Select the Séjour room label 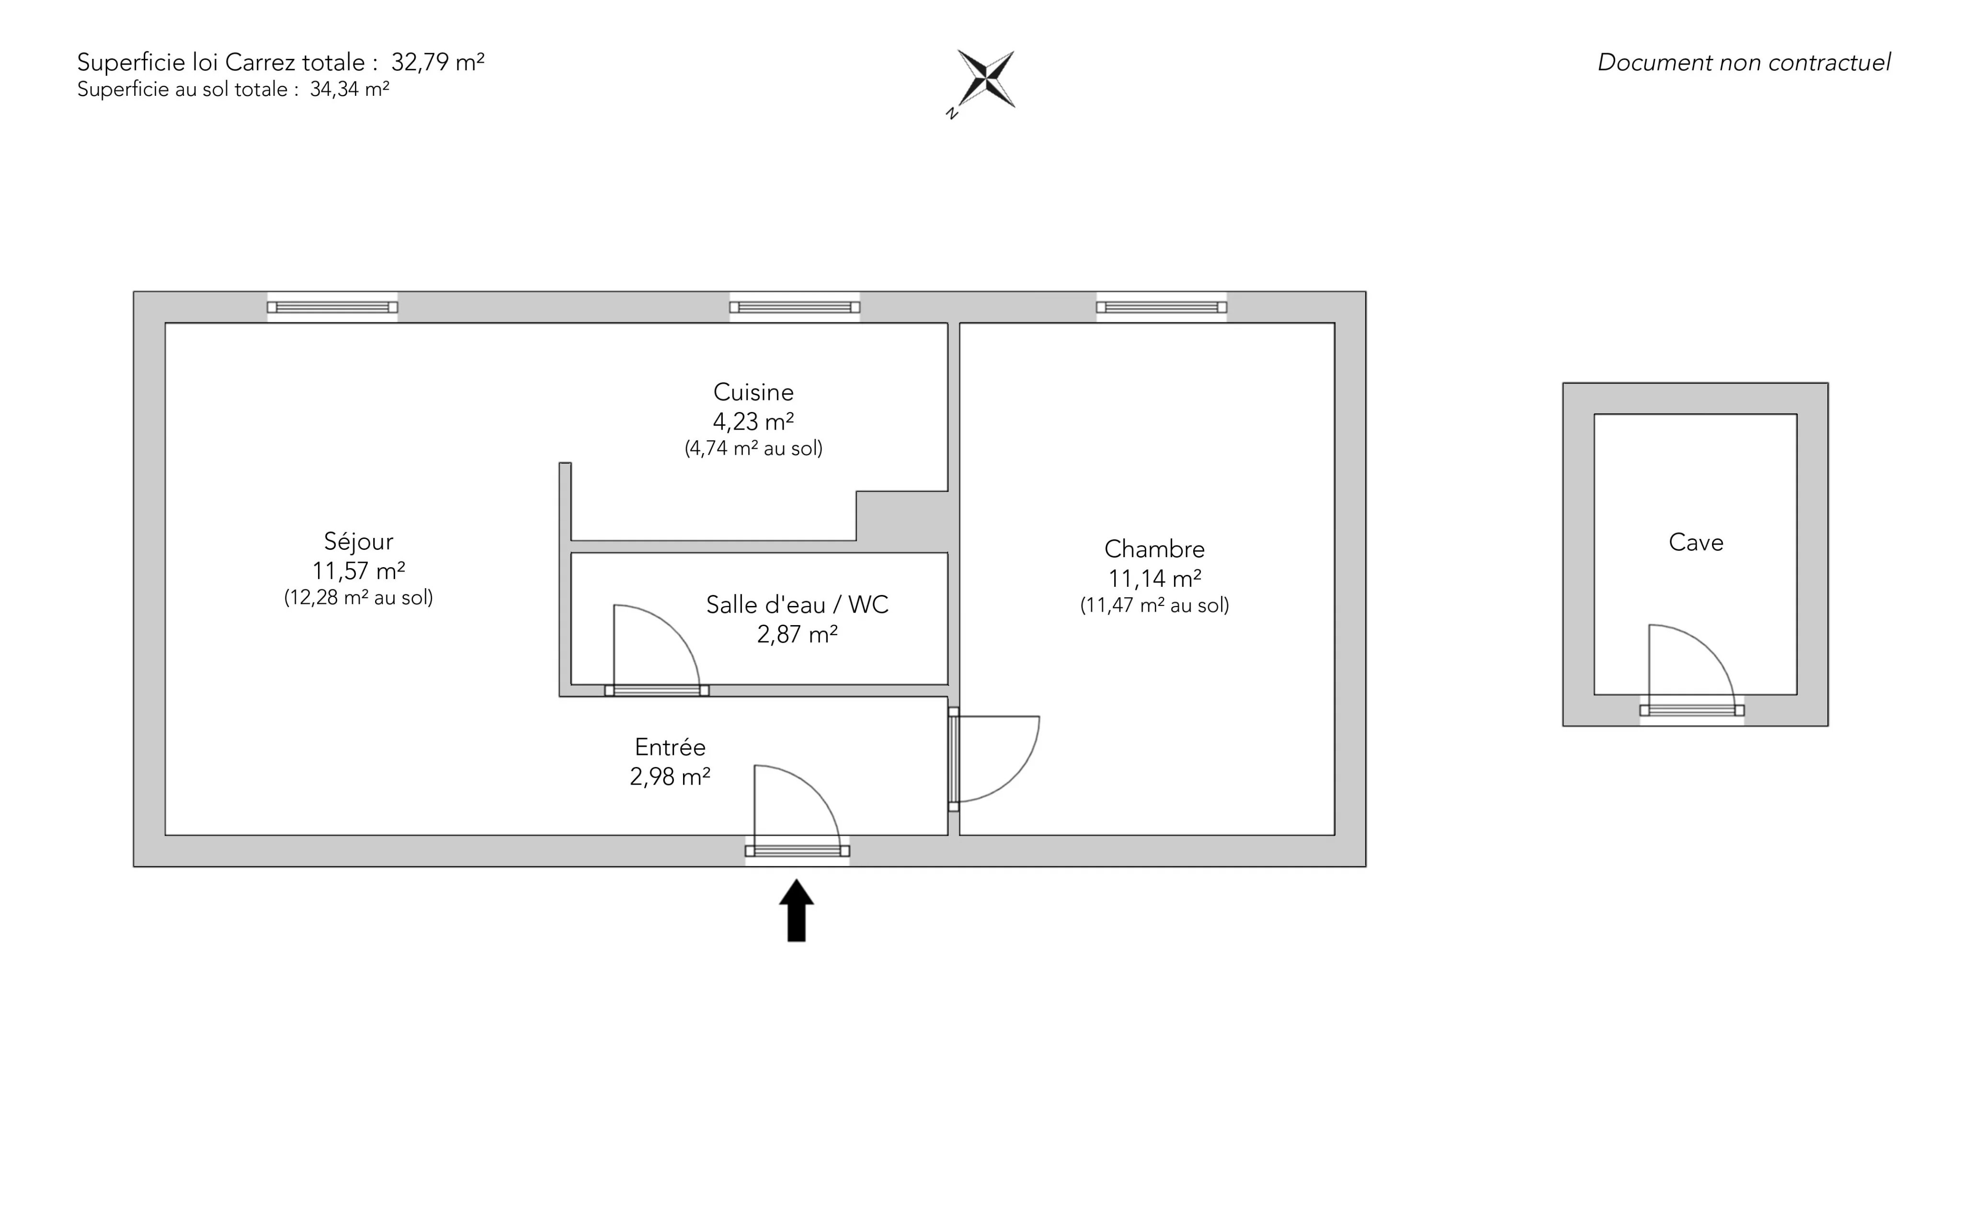[358, 542]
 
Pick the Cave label [1696, 543]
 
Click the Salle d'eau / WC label [797, 605]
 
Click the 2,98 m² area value [670, 776]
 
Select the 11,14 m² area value [1154, 579]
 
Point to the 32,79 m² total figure [437, 63]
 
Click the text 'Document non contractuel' [1744, 63]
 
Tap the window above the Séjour [332, 307]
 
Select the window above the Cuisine [794, 307]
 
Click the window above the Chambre [1161, 307]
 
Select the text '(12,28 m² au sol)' [358, 598]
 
